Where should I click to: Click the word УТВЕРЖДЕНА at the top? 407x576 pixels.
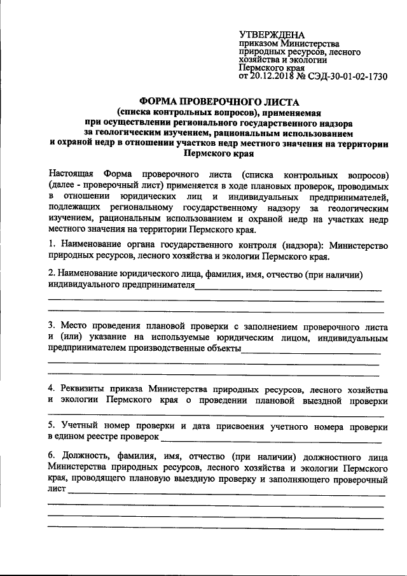click(x=272, y=34)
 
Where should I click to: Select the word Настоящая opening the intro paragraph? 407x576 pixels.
click(x=71, y=173)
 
